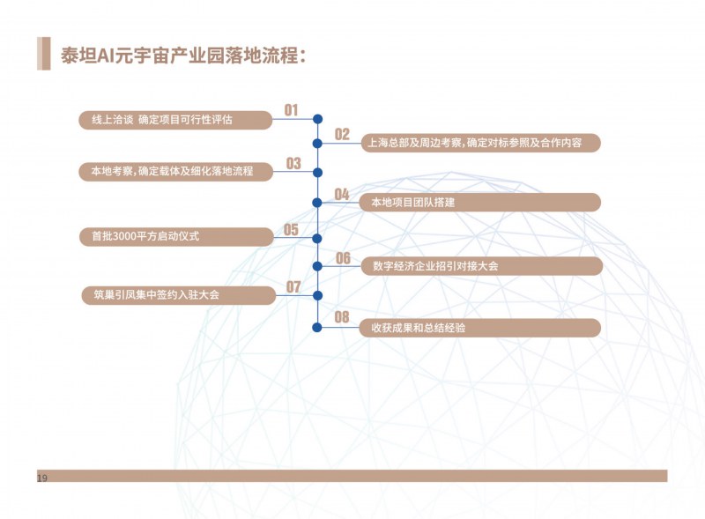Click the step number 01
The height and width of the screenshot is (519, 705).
tap(292, 110)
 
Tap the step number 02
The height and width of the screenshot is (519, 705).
tap(342, 134)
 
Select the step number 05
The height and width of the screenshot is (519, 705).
tap(292, 230)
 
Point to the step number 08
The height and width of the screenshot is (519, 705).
tap(342, 317)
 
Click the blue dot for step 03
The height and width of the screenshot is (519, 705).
tap(317, 172)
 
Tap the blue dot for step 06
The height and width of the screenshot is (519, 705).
tap(317, 266)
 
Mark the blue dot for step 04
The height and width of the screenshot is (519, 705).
tap(317, 203)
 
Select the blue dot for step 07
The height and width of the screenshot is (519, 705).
tap(317, 295)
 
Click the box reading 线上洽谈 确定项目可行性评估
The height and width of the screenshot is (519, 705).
tap(175, 120)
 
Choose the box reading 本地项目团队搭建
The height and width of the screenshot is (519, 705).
tap(479, 203)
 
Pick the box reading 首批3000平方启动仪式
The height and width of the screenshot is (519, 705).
tap(176, 236)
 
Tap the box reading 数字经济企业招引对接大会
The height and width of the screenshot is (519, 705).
tap(481, 266)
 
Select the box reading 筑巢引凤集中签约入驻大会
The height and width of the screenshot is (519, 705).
tap(179, 295)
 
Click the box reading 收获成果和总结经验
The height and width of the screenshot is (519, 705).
tap(479, 328)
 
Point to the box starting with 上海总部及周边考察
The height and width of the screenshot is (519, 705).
tap(480, 143)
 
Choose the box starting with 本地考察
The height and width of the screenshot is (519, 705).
tap(175, 172)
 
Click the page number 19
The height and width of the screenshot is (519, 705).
tap(42, 478)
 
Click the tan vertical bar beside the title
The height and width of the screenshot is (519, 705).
tap(43, 54)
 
